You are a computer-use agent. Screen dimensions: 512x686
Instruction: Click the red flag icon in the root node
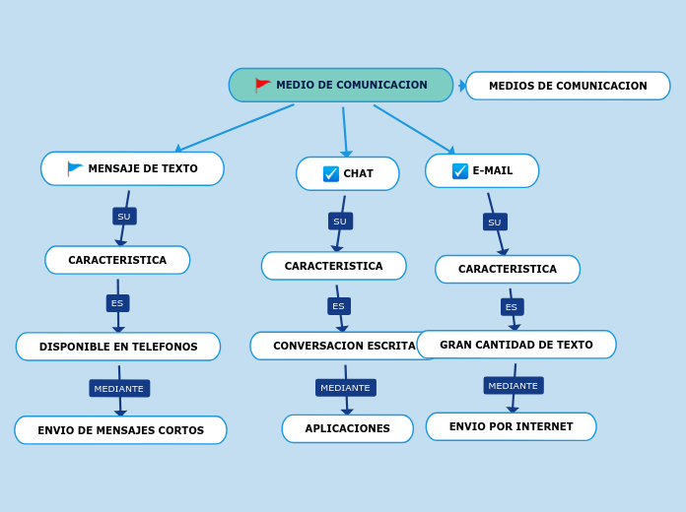point(262,85)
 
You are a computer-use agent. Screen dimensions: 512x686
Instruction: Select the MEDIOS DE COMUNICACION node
point(568,86)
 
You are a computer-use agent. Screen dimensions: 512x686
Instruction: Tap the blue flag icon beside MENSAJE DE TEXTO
point(75,168)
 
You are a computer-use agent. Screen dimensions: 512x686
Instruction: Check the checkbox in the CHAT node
point(331,173)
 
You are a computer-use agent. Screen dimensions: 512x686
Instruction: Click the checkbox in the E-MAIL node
point(460,170)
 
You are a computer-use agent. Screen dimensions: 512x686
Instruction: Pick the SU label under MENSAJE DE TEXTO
point(124,217)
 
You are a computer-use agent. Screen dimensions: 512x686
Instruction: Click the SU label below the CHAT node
point(340,222)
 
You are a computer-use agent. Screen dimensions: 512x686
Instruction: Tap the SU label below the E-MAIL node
point(495,223)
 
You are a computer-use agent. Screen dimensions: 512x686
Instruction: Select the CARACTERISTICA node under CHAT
point(333,266)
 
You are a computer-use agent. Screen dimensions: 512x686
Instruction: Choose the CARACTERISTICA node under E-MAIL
point(508,269)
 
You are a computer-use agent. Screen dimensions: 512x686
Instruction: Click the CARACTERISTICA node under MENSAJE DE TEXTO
point(117,260)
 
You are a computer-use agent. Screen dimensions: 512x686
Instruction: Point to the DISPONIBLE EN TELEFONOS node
point(118,347)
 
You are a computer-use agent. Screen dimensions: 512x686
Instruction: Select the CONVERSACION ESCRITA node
point(343,346)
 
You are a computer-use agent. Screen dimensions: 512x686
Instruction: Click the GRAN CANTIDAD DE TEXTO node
point(516,345)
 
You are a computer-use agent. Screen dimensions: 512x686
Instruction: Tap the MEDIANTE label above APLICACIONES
point(345,388)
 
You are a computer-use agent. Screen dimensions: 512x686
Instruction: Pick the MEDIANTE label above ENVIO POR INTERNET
point(514,386)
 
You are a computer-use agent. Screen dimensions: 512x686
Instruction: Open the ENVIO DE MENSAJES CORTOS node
point(120,430)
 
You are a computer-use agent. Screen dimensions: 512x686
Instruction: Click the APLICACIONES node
point(348,428)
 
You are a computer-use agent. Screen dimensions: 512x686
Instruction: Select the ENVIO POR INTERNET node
point(511,426)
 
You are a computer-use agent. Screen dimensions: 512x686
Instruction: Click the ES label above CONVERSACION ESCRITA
point(339,306)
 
